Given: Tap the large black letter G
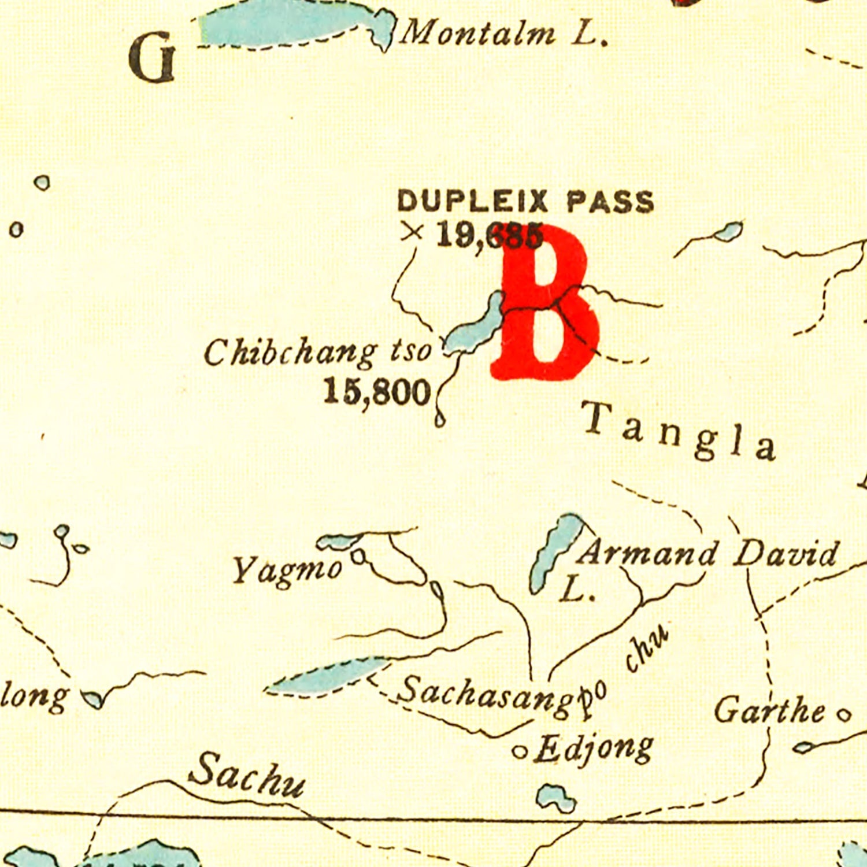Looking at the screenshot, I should click(x=152, y=58).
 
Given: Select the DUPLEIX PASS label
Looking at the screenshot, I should click(x=525, y=202).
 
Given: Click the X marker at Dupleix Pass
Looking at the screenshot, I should click(x=413, y=232).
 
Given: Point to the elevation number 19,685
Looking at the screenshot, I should click(x=488, y=235).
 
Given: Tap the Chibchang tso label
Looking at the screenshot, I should click(x=317, y=352).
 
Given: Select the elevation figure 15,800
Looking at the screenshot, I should click(x=377, y=392).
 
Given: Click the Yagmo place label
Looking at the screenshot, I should click(x=287, y=570).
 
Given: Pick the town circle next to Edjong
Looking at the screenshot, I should click(x=520, y=752).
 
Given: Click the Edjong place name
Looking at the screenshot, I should click(x=594, y=749).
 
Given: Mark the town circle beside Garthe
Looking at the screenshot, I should click(x=844, y=716).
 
